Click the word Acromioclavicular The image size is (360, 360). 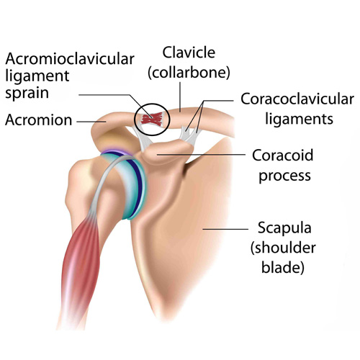[x=70, y=59]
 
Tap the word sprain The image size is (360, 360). [x=27, y=93]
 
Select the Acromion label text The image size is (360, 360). [x=38, y=120]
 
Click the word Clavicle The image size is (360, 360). [x=189, y=53]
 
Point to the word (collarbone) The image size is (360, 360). [x=189, y=72]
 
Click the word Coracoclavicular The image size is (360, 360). [x=297, y=99]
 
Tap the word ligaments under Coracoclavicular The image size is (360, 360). [x=299, y=119]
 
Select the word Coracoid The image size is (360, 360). [x=283, y=155]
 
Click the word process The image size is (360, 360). [x=284, y=176]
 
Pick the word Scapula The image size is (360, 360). [x=284, y=228]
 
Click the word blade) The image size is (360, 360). [x=283, y=267]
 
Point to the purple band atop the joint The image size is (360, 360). [x=114, y=152]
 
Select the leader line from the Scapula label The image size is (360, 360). [x=225, y=229]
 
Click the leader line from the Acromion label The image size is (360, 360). [x=91, y=122]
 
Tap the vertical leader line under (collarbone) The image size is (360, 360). [x=180, y=97]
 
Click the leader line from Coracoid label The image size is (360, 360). [x=201, y=155]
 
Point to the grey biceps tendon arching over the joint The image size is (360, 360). [x=106, y=173]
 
